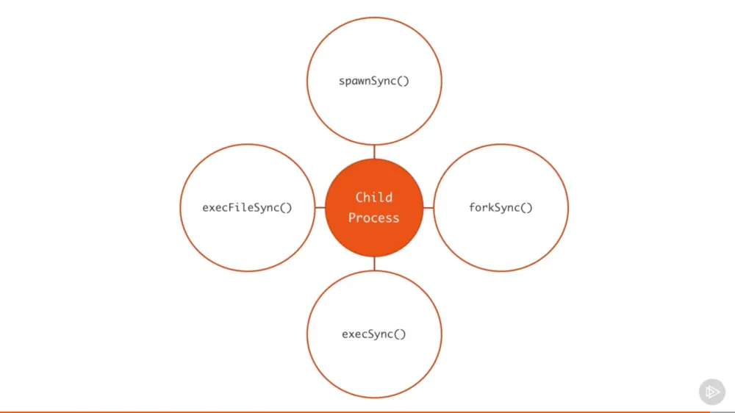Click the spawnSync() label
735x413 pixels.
tap(373, 81)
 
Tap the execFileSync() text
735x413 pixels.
tap(247, 207)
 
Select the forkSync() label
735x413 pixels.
tap(501, 207)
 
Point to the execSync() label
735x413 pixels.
tap(373, 334)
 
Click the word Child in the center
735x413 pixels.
tap(374, 197)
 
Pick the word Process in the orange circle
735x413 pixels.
tap(374, 218)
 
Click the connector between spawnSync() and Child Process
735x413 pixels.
tap(374, 152)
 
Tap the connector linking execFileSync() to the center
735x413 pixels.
tap(320, 207)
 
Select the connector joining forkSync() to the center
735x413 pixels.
tap(429, 207)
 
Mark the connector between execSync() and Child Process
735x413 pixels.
tap(374, 263)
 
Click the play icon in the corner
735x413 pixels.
tap(711, 392)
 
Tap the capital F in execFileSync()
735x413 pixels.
tap(234, 207)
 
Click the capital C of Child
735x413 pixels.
tap(359, 197)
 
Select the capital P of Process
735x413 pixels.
tap(352, 218)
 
